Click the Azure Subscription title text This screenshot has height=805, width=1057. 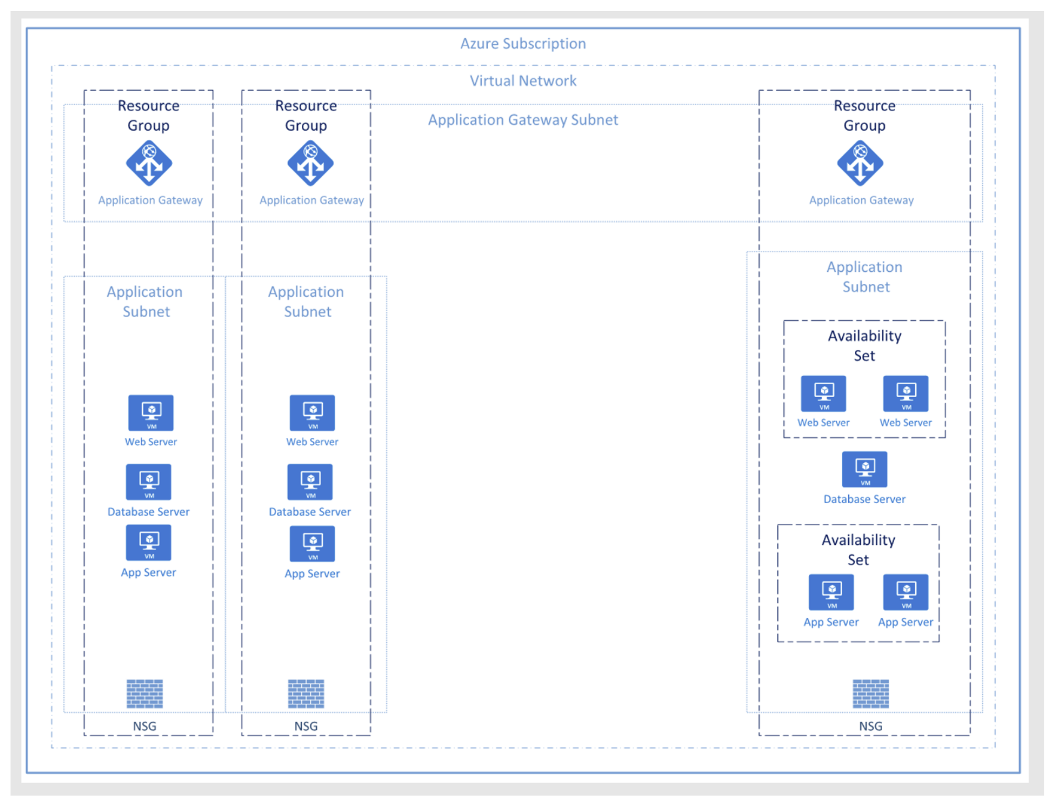523,44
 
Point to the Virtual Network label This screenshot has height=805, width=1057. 523,81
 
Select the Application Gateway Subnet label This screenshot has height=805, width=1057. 523,120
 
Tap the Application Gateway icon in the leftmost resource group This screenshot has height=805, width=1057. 149,163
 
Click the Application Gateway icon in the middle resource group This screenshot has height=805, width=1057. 311,163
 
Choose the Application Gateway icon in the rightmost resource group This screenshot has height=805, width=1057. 860,163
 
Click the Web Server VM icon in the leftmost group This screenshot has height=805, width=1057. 151,412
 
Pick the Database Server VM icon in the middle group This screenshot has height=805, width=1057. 310,482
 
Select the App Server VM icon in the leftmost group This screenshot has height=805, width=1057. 148,543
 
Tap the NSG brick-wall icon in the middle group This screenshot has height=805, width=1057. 306,694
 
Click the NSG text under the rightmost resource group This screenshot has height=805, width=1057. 870,726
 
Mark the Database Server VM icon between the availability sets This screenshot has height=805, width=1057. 864,469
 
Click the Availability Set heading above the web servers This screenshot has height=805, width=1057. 864,345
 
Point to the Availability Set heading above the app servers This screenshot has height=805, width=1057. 858,550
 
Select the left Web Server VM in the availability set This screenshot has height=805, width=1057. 823,393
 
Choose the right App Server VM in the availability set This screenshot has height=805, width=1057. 906,592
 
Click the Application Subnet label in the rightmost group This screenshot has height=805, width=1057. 865,277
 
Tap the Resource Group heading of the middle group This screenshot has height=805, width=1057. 306,115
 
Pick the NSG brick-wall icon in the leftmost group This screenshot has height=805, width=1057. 145,694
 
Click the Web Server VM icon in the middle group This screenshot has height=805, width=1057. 312,412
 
